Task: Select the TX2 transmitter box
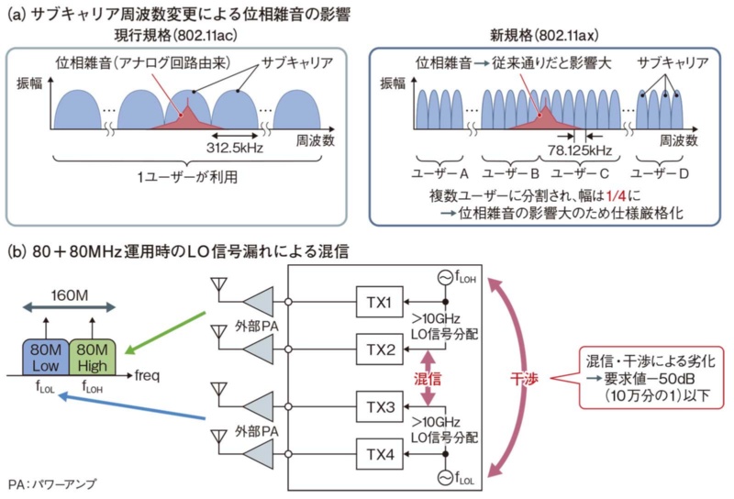click(x=384, y=350)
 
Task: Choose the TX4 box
click(x=384, y=453)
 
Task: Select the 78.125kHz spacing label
click(x=571, y=151)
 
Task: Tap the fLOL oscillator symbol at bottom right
click(x=447, y=474)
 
